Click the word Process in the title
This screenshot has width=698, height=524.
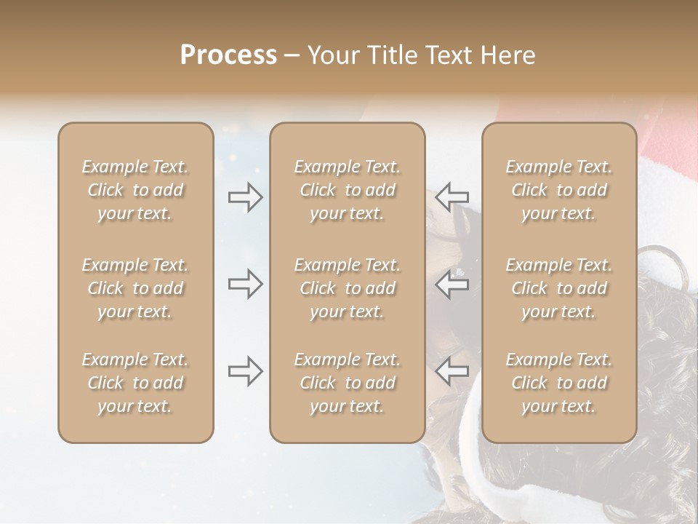pos(228,55)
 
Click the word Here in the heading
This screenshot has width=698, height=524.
pos(508,55)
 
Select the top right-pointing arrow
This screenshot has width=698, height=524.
pos(245,196)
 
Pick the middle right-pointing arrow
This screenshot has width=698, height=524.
pos(245,284)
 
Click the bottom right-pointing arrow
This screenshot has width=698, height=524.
pos(245,371)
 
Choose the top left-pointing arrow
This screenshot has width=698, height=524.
pos(452,196)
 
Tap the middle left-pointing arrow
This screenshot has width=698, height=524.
pos(452,284)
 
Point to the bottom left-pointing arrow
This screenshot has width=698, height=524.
pos(452,371)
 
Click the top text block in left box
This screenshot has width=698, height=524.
pos(135,190)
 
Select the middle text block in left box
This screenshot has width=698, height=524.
pos(135,288)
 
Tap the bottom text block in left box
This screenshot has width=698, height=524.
pos(135,383)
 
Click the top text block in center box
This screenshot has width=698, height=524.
pos(348,190)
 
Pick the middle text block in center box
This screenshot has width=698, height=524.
pos(348,288)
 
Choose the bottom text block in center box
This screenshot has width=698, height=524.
pos(348,383)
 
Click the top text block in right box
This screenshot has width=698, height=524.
pos(559,190)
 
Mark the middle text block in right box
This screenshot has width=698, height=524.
pos(559,288)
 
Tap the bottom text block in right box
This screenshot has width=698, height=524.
pos(559,383)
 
